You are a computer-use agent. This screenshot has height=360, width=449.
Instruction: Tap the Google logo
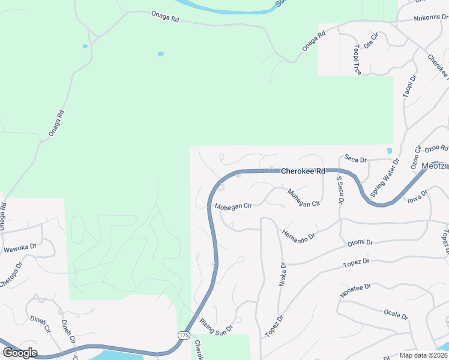pyautogui.click(x=20, y=353)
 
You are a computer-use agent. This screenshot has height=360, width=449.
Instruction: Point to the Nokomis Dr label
pyautogui.click(x=431, y=19)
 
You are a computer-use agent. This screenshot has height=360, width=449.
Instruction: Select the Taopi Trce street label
pyautogui.click(x=357, y=59)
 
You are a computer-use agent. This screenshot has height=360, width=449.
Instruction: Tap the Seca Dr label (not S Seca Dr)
pyautogui.click(x=355, y=159)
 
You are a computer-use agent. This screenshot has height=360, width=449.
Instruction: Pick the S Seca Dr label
pyautogui.click(x=339, y=189)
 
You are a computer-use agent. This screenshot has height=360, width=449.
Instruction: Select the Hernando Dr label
pyautogui.click(x=298, y=235)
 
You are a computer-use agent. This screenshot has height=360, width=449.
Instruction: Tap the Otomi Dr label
pyautogui.click(x=360, y=243)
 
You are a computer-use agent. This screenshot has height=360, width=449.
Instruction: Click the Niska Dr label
pyautogui.click(x=282, y=274)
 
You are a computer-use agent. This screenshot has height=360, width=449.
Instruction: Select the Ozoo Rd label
pyautogui.click(x=436, y=148)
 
